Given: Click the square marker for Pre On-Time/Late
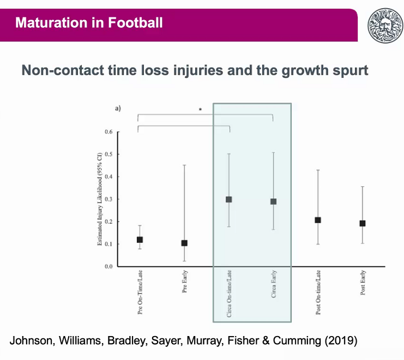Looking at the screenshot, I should click(x=140, y=240).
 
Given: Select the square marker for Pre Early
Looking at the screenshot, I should click(x=184, y=243).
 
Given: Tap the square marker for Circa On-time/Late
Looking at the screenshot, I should click(x=229, y=199).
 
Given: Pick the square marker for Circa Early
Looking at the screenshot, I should click(x=273, y=202).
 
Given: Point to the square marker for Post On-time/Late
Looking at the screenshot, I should click(x=318, y=220).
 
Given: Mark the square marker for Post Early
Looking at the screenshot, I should click(x=363, y=223).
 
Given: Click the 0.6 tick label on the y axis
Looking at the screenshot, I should click(x=108, y=132).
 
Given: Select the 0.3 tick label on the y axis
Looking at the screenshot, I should click(x=108, y=199).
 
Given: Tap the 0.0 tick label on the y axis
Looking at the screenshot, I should click(x=108, y=266).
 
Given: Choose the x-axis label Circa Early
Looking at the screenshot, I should click(x=274, y=284).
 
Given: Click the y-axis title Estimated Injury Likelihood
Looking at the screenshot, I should click(x=100, y=199).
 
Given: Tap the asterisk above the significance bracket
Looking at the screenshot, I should click(x=201, y=109).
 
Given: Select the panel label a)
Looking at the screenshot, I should click(x=118, y=108).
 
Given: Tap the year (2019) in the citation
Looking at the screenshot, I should click(x=341, y=341).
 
